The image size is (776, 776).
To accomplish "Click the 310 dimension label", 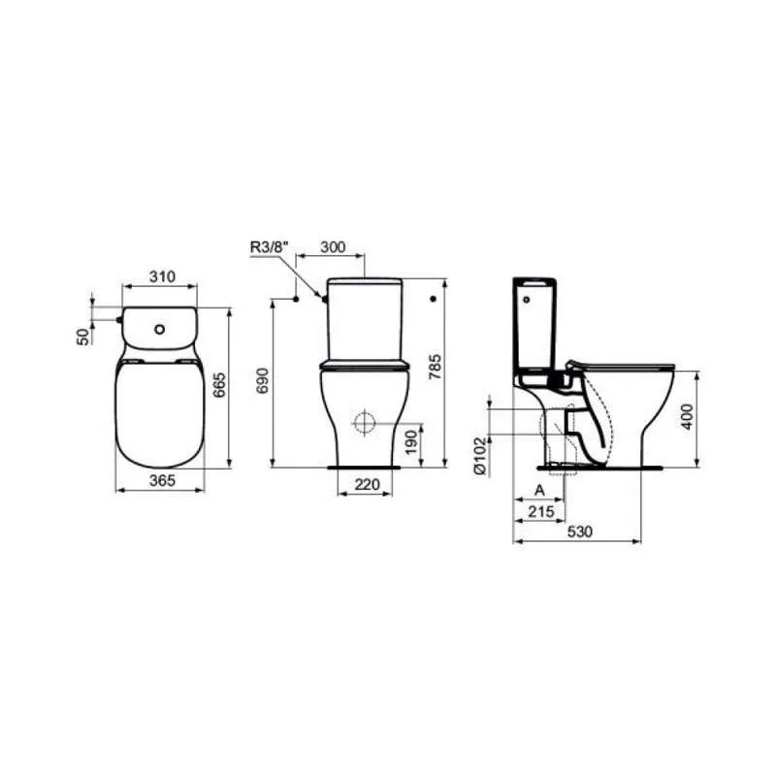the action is [x=162, y=276].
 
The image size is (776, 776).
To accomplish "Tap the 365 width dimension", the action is [x=162, y=480].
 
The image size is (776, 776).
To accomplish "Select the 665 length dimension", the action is [x=219, y=385].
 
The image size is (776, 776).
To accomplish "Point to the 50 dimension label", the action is [x=84, y=337].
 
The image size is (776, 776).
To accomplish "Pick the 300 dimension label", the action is [x=333, y=247].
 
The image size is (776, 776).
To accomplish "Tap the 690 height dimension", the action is [x=263, y=380].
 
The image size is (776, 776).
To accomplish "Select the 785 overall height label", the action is [x=435, y=367].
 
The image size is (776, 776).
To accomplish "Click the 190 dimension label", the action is [x=411, y=442].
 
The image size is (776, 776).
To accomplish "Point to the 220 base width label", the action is [x=367, y=484].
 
